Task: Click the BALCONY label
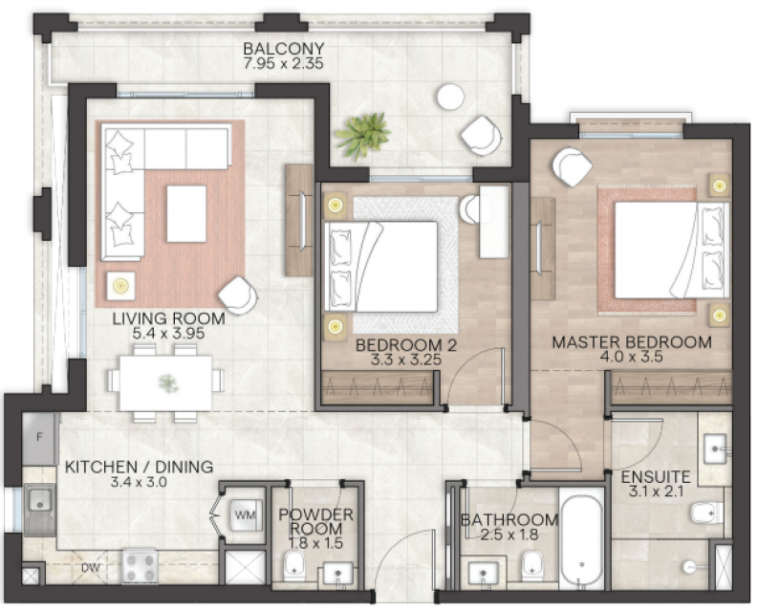point(283,49)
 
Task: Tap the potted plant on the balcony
point(363,136)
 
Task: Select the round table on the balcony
point(450,97)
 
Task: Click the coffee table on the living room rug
point(186,213)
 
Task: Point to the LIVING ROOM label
point(169,318)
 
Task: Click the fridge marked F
point(39,438)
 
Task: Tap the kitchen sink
point(39,509)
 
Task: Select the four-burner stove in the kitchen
point(140,566)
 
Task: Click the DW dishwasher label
point(91,567)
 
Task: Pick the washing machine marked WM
point(246,514)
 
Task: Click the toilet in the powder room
point(293,566)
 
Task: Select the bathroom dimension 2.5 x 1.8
point(509,535)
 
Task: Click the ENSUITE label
point(656,477)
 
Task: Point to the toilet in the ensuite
point(706,514)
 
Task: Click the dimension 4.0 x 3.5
point(631,358)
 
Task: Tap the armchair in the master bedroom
point(572,166)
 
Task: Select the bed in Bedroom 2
point(381,266)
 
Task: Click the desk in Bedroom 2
point(494,222)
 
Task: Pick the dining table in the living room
point(165,383)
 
